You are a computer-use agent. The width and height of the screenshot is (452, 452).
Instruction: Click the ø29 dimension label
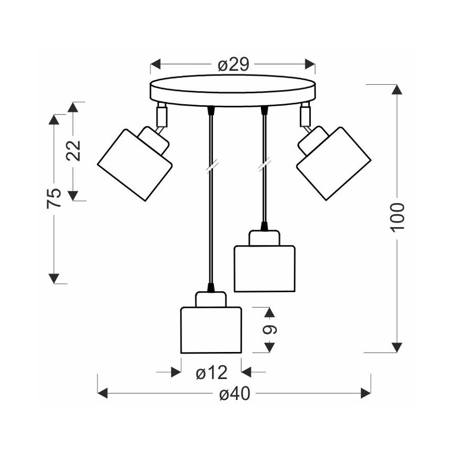pos(233,65)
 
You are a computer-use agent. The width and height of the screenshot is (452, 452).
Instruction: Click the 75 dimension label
pos(54,198)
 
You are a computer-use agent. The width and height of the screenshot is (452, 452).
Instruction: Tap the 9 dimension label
pos(270,330)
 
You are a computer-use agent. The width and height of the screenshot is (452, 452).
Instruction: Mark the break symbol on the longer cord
pos(210,167)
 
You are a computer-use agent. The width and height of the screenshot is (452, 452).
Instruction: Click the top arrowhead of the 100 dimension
pos(397,89)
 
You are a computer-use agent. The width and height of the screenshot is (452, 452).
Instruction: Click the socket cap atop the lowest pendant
pos(211,299)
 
